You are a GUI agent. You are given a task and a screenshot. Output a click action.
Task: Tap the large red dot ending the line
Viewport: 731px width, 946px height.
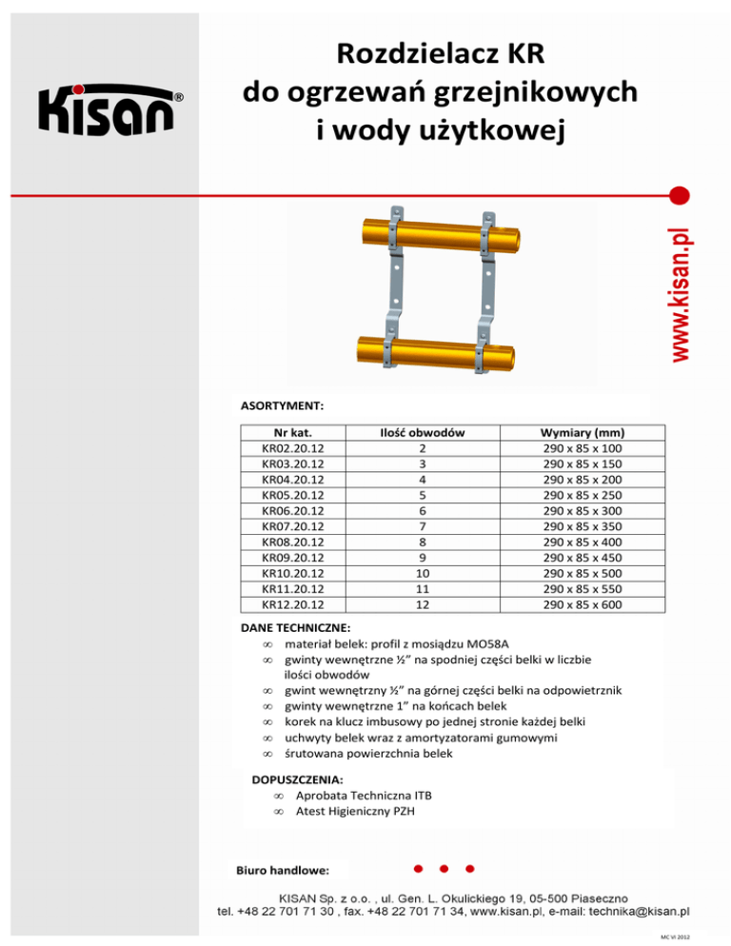coord(680,196)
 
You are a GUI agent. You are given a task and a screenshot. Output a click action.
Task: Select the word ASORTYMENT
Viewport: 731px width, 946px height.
coord(283,404)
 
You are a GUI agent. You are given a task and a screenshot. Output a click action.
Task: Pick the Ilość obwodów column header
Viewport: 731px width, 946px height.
coord(422,432)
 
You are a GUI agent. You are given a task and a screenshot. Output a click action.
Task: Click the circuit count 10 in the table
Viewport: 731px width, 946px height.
coord(422,573)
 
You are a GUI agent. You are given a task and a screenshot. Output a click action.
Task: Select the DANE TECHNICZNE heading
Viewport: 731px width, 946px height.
coord(296,629)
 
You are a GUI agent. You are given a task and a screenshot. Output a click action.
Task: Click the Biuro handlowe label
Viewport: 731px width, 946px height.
coord(283,870)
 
